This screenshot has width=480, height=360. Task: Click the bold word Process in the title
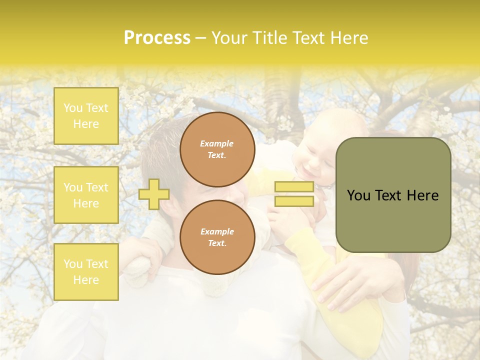tap(157, 38)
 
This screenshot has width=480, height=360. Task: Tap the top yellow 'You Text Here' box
tap(86, 116)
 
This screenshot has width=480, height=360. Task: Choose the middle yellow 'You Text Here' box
tap(86, 195)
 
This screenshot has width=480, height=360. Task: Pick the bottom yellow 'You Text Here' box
tap(86, 272)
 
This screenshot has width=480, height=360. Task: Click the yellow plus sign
tap(153, 194)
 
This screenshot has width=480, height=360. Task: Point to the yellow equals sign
tap(294, 194)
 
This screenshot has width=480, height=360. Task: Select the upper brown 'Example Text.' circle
tap(217, 149)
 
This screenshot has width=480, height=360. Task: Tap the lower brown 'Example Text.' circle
tap(217, 237)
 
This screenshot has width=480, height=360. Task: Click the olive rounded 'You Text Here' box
tap(393, 195)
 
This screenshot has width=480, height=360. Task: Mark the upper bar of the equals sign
tap(294, 187)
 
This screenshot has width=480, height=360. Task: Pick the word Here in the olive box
tap(423, 195)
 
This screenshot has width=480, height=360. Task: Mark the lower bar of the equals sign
tap(294, 201)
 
